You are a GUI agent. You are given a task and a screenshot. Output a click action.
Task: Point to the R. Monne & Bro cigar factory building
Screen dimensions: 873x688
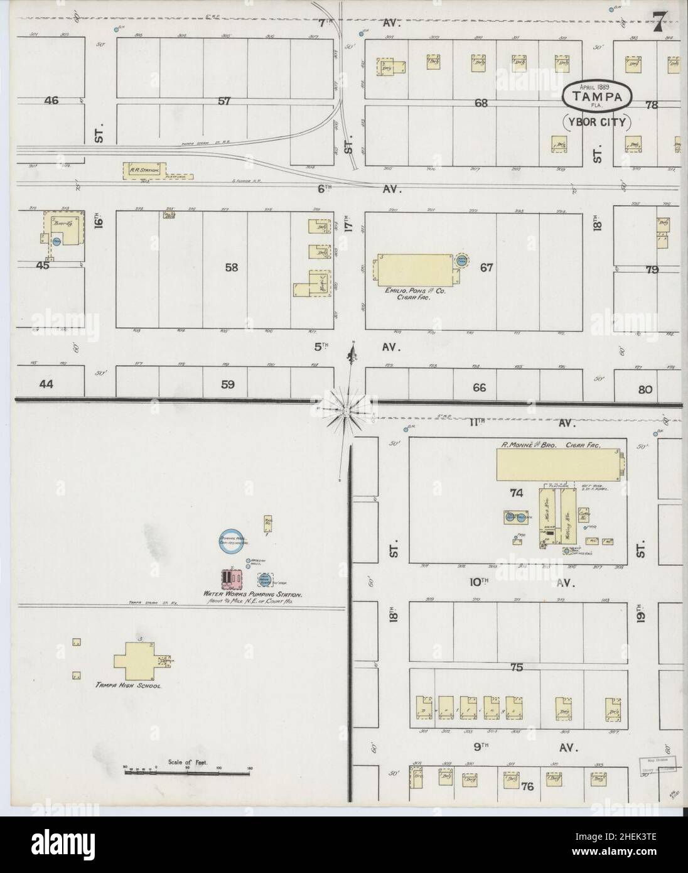tap(558, 465)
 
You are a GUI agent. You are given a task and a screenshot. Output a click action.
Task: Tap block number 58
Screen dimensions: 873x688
tap(231, 268)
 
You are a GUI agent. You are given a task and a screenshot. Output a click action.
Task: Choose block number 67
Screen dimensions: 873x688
tap(486, 268)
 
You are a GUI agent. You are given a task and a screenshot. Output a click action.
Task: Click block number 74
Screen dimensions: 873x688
tap(517, 494)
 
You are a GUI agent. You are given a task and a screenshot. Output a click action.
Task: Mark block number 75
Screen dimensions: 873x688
tap(517, 668)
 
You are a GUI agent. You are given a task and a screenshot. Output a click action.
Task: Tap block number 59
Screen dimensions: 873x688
tap(227, 384)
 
